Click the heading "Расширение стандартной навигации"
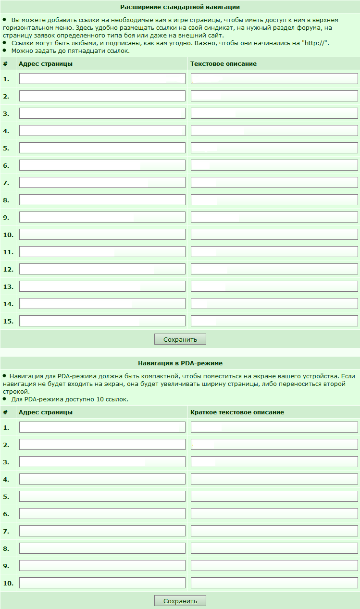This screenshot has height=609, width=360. (x=180, y=7)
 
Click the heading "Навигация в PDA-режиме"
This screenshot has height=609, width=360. (x=180, y=363)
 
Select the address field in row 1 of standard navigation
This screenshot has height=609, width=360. (x=102, y=79)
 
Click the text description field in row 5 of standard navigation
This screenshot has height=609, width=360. (x=274, y=148)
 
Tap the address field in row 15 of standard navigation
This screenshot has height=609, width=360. (x=102, y=321)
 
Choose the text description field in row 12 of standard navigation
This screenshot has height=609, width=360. (x=274, y=269)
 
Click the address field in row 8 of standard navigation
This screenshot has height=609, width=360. (x=102, y=200)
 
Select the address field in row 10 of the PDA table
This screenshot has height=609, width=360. (x=102, y=583)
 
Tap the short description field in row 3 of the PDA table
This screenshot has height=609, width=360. (x=274, y=462)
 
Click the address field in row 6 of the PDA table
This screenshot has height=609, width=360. (x=102, y=514)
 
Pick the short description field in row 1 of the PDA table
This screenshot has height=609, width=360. (x=274, y=427)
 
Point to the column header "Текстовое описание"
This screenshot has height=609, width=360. (x=223, y=63)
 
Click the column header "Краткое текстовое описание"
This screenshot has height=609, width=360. (x=237, y=412)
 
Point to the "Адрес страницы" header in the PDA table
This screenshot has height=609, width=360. (x=45, y=412)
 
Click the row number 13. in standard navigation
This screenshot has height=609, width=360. (x=8, y=286)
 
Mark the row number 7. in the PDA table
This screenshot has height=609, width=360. (x=6, y=531)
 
